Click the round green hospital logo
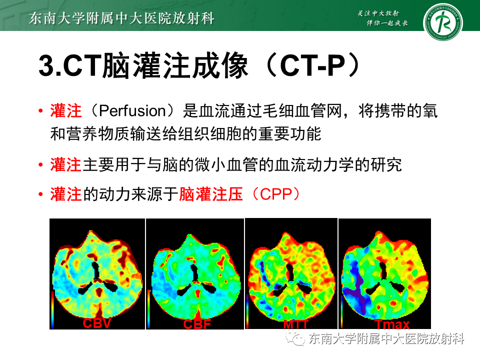tap(442, 22)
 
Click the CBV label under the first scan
tap(97, 323)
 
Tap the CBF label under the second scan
tap(197, 324)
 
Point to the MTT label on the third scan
tap(295, 324)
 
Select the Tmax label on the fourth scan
tap(392, 324)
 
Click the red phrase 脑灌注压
tap(210, 194)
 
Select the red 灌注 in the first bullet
tap(65, 111)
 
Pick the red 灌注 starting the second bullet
tap(65, 164)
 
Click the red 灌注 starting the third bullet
tap(65, 194)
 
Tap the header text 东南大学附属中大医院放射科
tap(122, 19)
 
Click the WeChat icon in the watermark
tap(299, 340)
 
